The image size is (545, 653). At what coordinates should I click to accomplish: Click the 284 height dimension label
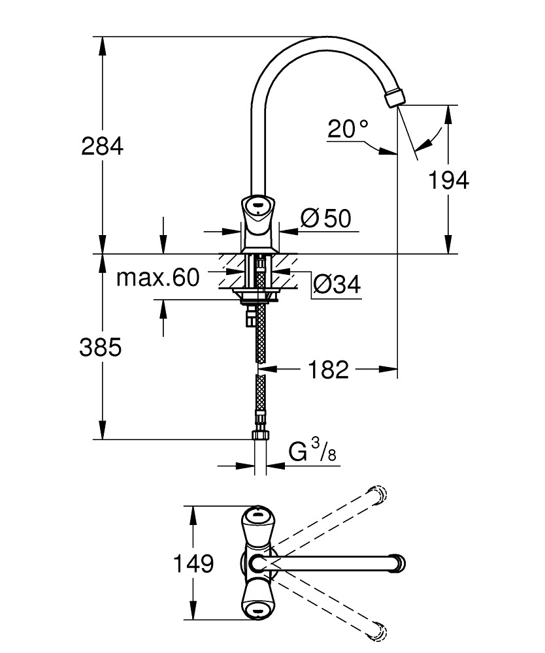pos(102,146)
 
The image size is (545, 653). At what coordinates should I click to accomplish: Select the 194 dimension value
pos(448,180)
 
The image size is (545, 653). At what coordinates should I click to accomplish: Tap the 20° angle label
pos(348,129)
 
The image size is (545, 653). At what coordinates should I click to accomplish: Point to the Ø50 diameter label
pos(326,219)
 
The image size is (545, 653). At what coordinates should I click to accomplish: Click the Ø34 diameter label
pos(337,284)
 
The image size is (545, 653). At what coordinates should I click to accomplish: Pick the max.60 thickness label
pos(157,279)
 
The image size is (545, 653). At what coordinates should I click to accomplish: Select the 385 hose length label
pos(101,348)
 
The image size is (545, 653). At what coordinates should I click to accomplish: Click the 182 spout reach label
pos(326,370)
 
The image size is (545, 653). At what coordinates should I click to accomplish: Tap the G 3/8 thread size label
pos(312,451)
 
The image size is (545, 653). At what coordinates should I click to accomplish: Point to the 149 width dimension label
pos(194,563)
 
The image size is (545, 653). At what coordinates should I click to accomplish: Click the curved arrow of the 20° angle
pos(431,139)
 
